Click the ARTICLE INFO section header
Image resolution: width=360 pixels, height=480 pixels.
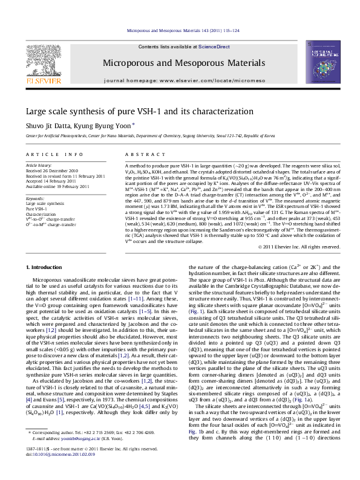click(46, 155)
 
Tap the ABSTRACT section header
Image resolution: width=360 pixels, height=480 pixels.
click(140, 155)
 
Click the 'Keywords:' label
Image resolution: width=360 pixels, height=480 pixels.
click(34, 198)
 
